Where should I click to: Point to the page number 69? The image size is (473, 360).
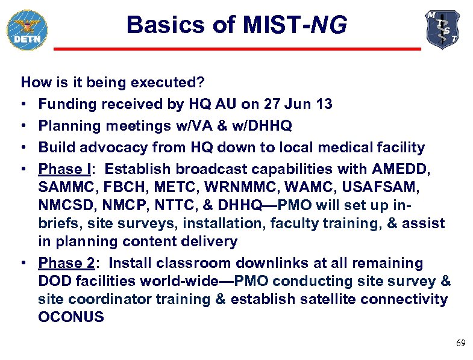pyautogui.click(x=460, y=343)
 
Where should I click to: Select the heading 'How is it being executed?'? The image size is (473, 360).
pyautogui.click(x=113, y=82)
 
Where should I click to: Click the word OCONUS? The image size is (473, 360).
pyautogui.click(x=71, y=317)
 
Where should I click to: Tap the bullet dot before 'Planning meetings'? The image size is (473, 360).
pyautogui.click(x=25, y=126)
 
